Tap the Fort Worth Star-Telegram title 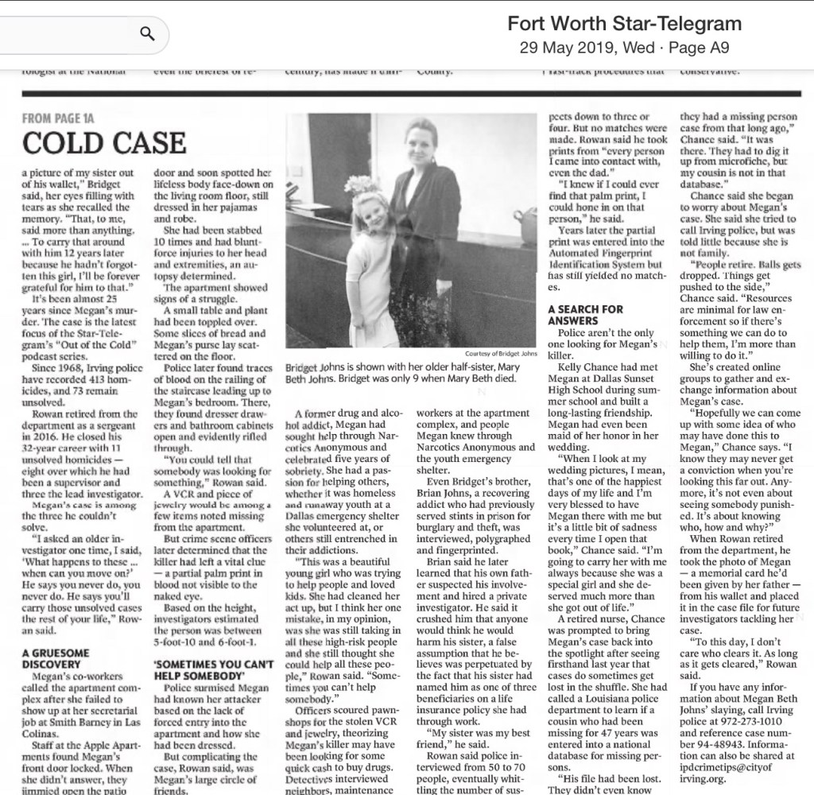tap(624, 23)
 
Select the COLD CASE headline tap(103, 143)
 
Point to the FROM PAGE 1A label tap(58, 118)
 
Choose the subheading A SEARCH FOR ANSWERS tap(587, 315)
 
